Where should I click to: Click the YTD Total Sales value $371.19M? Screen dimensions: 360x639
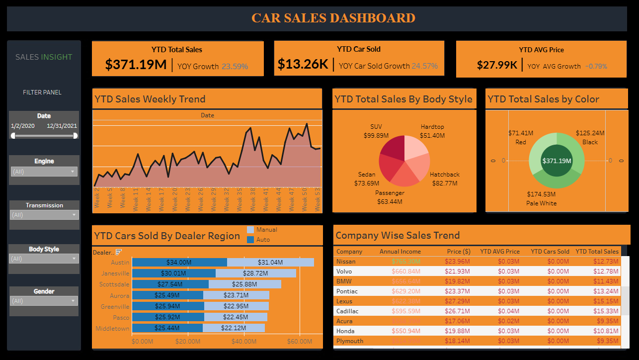coord(136,65)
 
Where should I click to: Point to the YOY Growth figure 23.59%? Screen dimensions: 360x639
coord(235,66)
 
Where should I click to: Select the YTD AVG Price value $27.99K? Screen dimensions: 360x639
coord(497,65)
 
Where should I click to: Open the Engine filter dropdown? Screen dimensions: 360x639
coord(44,172)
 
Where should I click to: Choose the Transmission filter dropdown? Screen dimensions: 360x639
coord(44,215)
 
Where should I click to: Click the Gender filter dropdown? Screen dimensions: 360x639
coord(44,301)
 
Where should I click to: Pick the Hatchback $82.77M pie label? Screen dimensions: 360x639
coord(444,179)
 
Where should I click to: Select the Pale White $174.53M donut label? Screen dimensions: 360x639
coord(541,198)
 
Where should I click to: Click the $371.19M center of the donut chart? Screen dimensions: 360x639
coord(556,161)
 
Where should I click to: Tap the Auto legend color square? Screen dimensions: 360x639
coord(250,240)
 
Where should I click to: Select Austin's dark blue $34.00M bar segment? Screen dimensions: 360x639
coord(179,262)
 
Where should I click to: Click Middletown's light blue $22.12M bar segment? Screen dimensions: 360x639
coord(234,328)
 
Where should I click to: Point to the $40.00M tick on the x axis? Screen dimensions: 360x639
coord(244,342)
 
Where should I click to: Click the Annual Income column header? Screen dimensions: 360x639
coord(399,251)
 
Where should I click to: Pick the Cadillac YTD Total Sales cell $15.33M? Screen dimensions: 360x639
coord(605,311)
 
